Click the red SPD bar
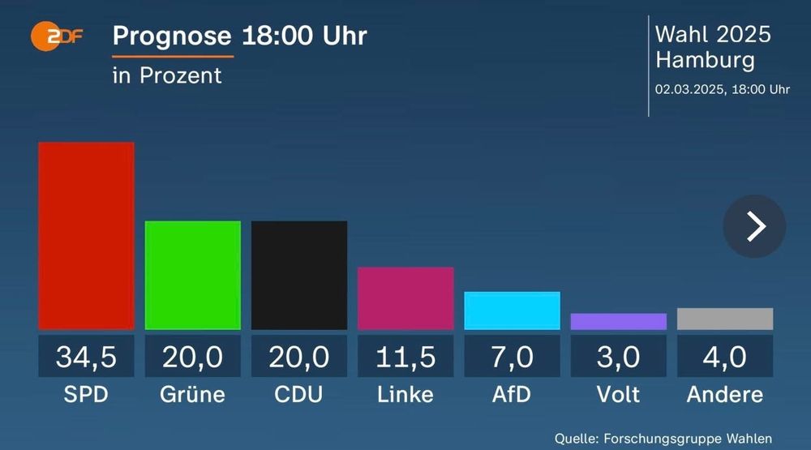(86, 235)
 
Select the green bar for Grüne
(192, 275)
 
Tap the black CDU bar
(298, 275)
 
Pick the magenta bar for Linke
(405, 298)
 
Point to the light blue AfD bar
(512, 311)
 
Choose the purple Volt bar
(618, 321)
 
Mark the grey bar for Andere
(724, 319)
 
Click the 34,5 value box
(86, 356)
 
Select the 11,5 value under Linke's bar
(405, 356)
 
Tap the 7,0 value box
(512, 356)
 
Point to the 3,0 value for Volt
(618, 356)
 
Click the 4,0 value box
(724, 356)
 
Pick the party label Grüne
(192, 395)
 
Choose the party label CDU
(298, 395)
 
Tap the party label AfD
(512, 395)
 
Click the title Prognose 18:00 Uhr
(239, 36)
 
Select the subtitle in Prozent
(167, 75)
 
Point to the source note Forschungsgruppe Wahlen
(663, 437)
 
